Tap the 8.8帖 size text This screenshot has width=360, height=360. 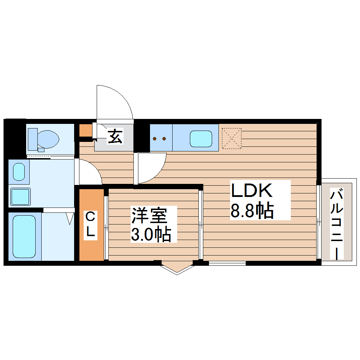(252, 211)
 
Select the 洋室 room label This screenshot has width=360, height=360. (149, 216)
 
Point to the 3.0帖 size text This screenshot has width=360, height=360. (151, 235)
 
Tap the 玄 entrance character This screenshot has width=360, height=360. (115, 137)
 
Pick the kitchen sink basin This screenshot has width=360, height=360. (201, 139)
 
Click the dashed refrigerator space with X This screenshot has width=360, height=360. (232, 138)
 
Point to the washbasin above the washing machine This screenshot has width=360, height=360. (19, 172)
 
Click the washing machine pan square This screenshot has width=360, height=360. (20, 197)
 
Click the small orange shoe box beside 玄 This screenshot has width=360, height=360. (85, 130)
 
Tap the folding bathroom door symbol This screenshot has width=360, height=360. (70, 218)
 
